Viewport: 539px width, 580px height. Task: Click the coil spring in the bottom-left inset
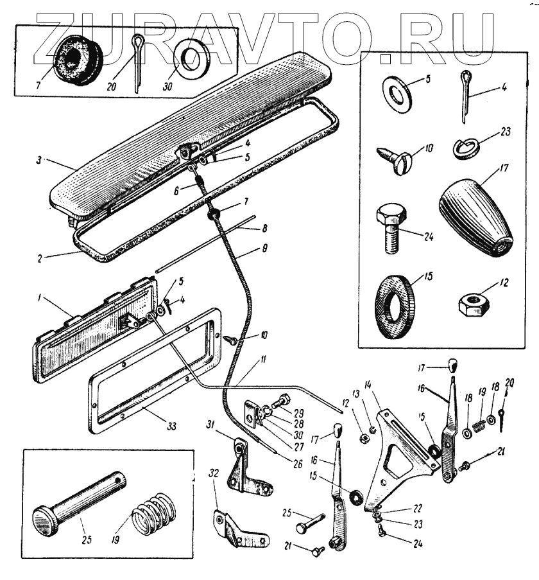click(152, 514)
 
